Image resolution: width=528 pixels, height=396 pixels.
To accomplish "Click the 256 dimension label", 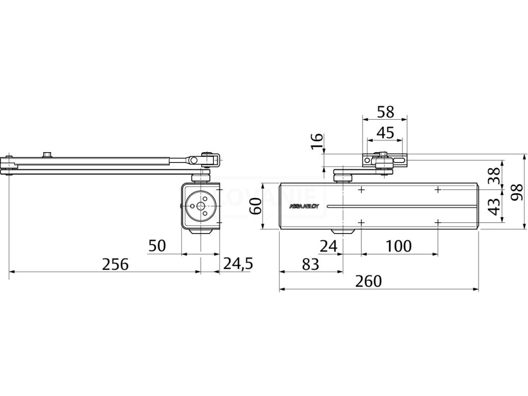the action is (x=114, y=264).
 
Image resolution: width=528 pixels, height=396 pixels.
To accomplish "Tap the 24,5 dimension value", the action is (x=238, y=264).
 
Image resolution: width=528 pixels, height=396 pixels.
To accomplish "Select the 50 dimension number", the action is (x=157, y=246).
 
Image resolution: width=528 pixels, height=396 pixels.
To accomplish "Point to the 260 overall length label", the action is (x=369, y=282).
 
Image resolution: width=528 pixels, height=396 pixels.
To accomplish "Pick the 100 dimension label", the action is (x=399, y=246).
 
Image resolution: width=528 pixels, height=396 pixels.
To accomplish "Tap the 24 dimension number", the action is (x=328, y=246).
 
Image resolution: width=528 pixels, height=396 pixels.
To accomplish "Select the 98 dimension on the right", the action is (x=517, y=191).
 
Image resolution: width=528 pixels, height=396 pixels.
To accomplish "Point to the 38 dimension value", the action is (x=493, y=176).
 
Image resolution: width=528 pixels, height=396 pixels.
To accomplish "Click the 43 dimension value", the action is (x=493, y=207).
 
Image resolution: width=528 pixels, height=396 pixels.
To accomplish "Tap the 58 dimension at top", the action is (x=385, y=111).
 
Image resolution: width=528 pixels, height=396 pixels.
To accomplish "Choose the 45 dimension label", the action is (x=385, y=133).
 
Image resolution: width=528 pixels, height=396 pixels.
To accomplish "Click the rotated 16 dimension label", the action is (x=318, y=141).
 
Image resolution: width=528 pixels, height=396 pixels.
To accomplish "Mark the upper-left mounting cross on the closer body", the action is (x=361, y=190).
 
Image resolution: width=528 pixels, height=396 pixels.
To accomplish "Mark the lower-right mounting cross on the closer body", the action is (x=438, y=222).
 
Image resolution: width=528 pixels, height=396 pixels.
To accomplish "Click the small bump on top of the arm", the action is (x=48, y=154).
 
